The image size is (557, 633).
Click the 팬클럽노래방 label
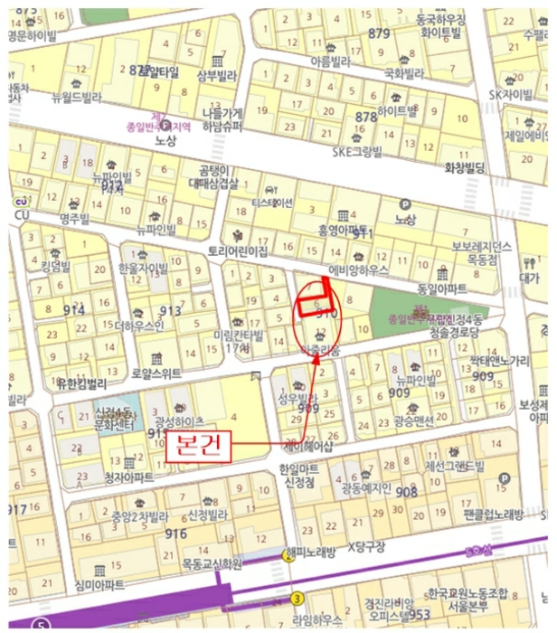(x=493, y=515)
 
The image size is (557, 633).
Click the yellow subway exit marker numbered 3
(x=297, y=599)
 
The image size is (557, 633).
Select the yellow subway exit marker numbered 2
(x=289, y=557)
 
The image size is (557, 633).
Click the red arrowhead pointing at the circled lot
(x=316, y=356)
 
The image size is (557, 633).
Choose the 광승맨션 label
(x=414, y=420)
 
